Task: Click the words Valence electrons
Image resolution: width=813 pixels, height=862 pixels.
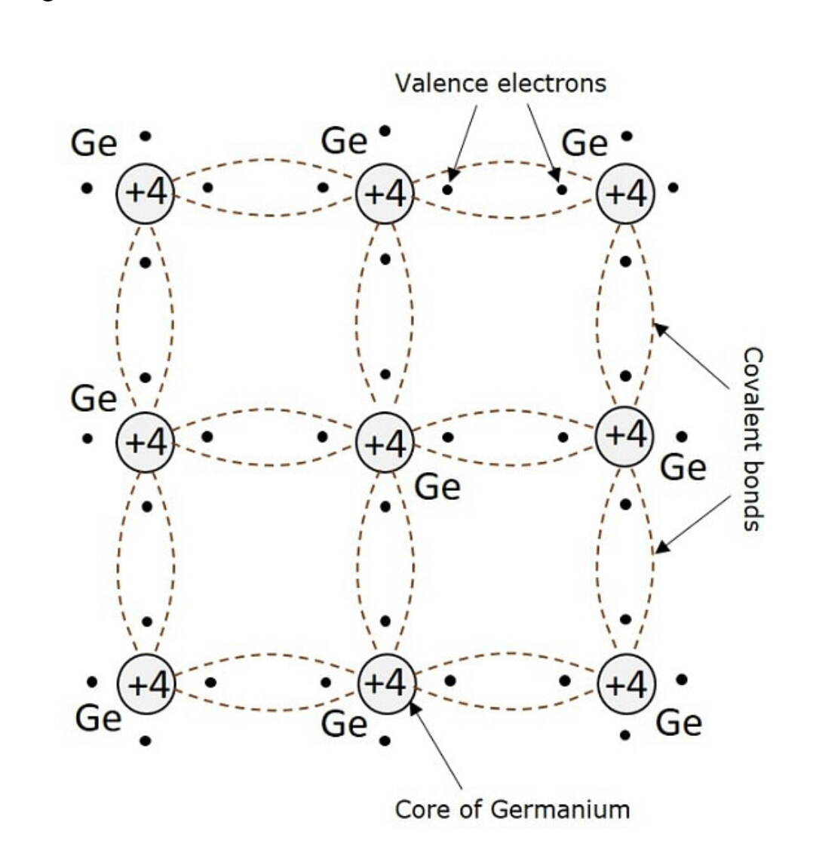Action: [500, 83]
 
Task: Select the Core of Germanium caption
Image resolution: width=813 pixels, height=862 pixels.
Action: [512, 809]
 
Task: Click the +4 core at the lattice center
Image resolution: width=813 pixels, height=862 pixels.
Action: [385, 443]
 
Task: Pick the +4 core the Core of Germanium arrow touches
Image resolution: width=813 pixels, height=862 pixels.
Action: [385, 684]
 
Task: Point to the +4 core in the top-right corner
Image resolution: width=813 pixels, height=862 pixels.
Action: [626, 194]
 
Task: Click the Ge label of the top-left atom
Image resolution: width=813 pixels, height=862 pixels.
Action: [94, 143]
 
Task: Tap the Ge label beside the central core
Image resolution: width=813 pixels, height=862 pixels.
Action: [437, 486]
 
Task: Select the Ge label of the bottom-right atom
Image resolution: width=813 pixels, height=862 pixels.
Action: [679, 722]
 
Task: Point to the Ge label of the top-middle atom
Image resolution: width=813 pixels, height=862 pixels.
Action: [344, 141]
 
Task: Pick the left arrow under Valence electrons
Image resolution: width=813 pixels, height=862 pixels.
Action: [463, 140]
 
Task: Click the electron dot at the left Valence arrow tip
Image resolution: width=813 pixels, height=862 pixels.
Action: [448, 189]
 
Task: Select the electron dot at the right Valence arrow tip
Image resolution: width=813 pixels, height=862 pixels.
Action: [561, 189]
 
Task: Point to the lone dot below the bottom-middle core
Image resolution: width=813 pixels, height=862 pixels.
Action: [385, 741]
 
